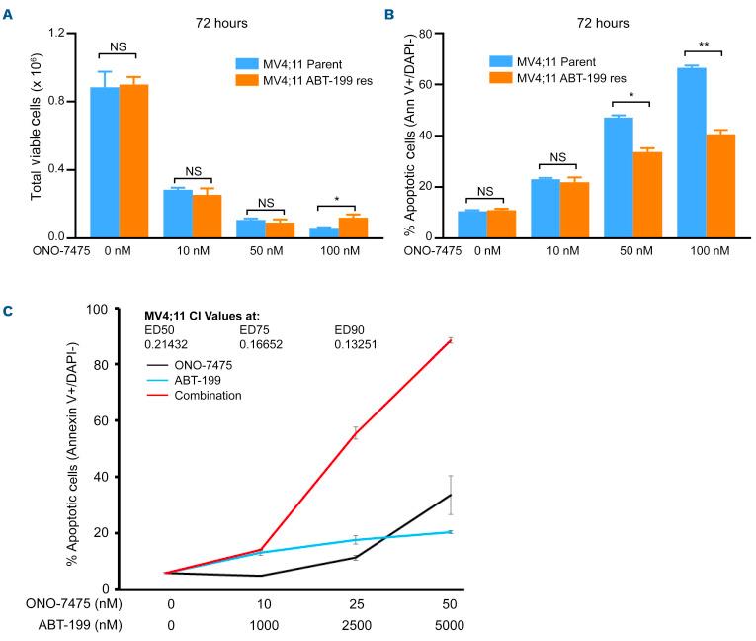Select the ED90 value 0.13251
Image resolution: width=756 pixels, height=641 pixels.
click(360, 344)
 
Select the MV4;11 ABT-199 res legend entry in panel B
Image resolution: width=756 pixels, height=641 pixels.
click(591, 77)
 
